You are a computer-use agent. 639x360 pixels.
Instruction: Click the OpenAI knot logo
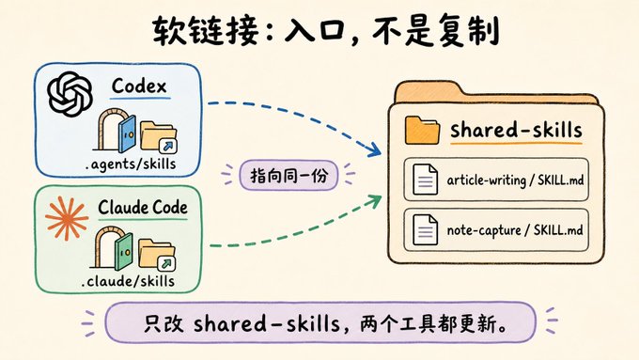[70, 94]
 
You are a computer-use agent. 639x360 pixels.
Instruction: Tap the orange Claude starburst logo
[67, 218]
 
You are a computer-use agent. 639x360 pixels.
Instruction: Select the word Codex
[139, 86]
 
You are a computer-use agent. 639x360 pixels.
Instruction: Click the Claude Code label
[143, 207]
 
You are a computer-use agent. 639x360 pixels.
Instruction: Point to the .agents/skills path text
[131, 164]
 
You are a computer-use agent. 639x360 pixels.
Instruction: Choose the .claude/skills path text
[128, 281]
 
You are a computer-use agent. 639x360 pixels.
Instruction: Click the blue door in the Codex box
[127, 133]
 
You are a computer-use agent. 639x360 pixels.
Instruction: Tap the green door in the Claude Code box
[124, 251]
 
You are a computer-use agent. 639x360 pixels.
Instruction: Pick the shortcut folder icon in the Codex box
[159, 137]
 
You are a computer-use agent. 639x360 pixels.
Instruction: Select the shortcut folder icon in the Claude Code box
[157, 255]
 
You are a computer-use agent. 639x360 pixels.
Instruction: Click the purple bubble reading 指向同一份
[288, 176]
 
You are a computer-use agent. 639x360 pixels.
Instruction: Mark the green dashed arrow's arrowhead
[373, 201]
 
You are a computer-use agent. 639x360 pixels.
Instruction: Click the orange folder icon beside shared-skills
[422, 131]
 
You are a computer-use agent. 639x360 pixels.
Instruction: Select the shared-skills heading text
[516, 130]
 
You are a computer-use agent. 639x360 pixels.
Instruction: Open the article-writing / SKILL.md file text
[515, 180]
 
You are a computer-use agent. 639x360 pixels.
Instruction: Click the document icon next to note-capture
[425, 230]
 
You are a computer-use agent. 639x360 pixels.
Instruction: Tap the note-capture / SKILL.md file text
[515, 230]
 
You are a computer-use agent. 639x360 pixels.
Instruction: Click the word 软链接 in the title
[206, 31]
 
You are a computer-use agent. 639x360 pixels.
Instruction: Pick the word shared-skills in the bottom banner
[267, 323]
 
